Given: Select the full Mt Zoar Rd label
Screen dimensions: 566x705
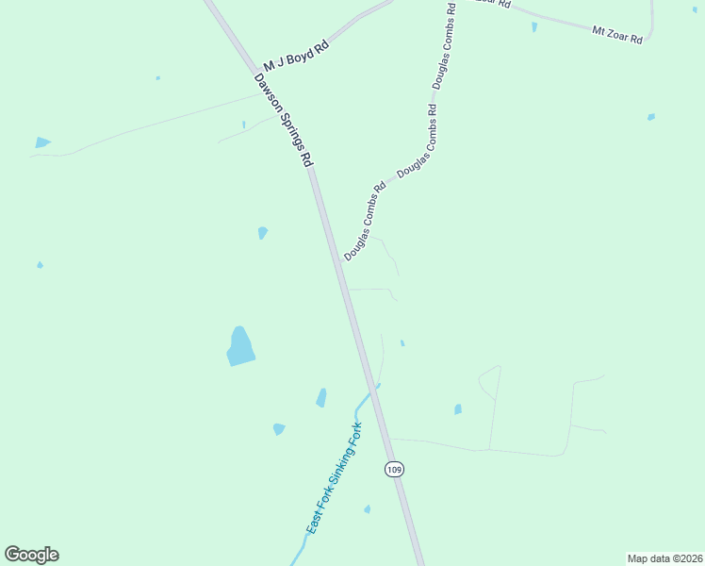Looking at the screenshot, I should pyautogui.click(x=617, y=35).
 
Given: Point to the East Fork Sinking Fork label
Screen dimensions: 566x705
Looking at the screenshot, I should pyautogui.click(x=333, y=484).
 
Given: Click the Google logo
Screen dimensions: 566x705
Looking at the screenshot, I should pyautogui.click(x=31, y=555).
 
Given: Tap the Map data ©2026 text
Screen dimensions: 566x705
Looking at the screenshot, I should pyautogui.click(x=664, y=558).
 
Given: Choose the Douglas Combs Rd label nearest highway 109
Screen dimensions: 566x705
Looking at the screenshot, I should pyautogui.click(x=366, y=221).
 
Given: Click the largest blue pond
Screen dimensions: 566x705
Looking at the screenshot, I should pyautogui.click(x=241, y=346).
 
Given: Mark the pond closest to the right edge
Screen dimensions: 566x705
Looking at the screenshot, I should pyautogui.click(x=651, y=117).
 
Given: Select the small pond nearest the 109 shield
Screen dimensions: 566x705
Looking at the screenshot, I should pyautogui.click(x=368, y=509).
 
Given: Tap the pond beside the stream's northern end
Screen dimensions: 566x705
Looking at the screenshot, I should pyautogui.click(x=321, y=398).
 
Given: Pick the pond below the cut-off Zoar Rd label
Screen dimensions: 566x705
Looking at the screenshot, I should pyautogui.click(x=534, y=27).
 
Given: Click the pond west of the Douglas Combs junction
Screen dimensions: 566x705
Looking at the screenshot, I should pyautogui.click(x=263, y=232).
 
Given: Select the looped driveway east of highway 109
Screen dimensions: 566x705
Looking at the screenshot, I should pyautogui.click(x=489, y=381).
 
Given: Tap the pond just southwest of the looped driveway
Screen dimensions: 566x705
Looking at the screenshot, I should pyautogui.click(x=458, y=409).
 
